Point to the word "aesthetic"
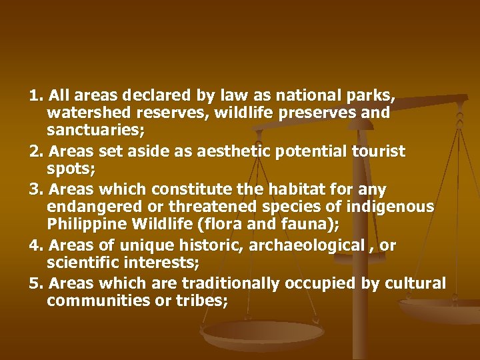point(228,151)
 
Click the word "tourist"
point(377,151)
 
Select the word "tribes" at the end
point(205,301)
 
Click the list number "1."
point(36,95)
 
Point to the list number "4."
point(37,245)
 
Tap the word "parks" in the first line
point(374,95)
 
